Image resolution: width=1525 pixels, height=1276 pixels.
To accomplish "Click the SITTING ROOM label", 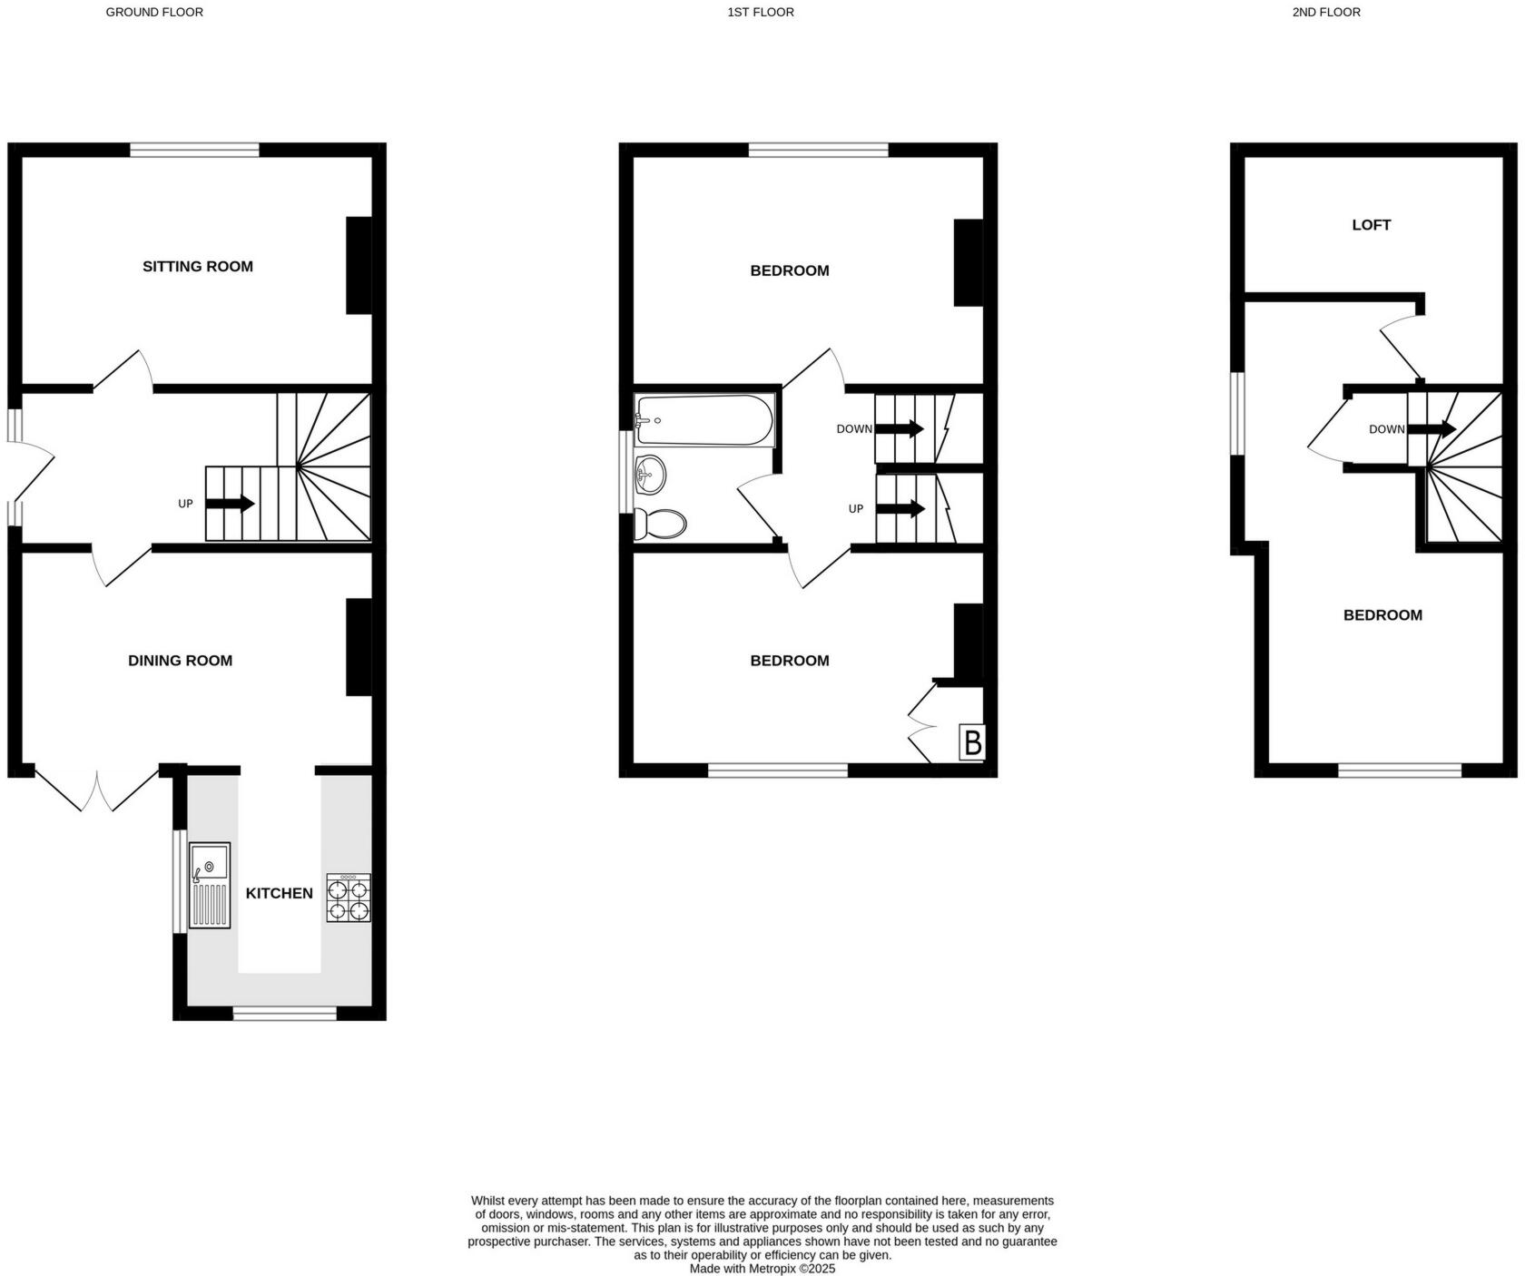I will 197,266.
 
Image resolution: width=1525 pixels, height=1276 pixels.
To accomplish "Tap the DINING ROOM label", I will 180,661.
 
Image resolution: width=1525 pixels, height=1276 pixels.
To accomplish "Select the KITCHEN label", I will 279,893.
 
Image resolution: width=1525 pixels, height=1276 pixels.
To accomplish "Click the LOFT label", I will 1371,225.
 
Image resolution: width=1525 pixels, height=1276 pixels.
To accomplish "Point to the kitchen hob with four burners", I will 349,898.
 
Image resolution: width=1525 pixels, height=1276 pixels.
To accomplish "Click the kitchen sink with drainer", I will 210,886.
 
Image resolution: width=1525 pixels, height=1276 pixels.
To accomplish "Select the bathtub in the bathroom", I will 704,419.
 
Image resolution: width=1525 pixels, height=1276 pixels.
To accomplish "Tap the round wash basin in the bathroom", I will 651,473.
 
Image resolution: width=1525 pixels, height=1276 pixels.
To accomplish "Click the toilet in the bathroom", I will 661,523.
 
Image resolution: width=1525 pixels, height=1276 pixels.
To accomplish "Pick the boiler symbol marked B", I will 972,743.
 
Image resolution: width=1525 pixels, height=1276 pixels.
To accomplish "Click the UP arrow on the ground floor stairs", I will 231,503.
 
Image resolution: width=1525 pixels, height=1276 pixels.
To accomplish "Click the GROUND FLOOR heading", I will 154,12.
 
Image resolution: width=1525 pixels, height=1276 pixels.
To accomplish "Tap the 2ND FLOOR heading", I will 1326,12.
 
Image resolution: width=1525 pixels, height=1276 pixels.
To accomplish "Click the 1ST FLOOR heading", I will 761,12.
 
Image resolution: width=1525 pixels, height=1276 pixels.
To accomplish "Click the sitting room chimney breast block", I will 359,265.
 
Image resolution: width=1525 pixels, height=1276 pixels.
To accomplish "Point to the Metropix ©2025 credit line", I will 762,1269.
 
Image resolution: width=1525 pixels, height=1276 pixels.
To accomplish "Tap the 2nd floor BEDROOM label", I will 1382,615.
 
